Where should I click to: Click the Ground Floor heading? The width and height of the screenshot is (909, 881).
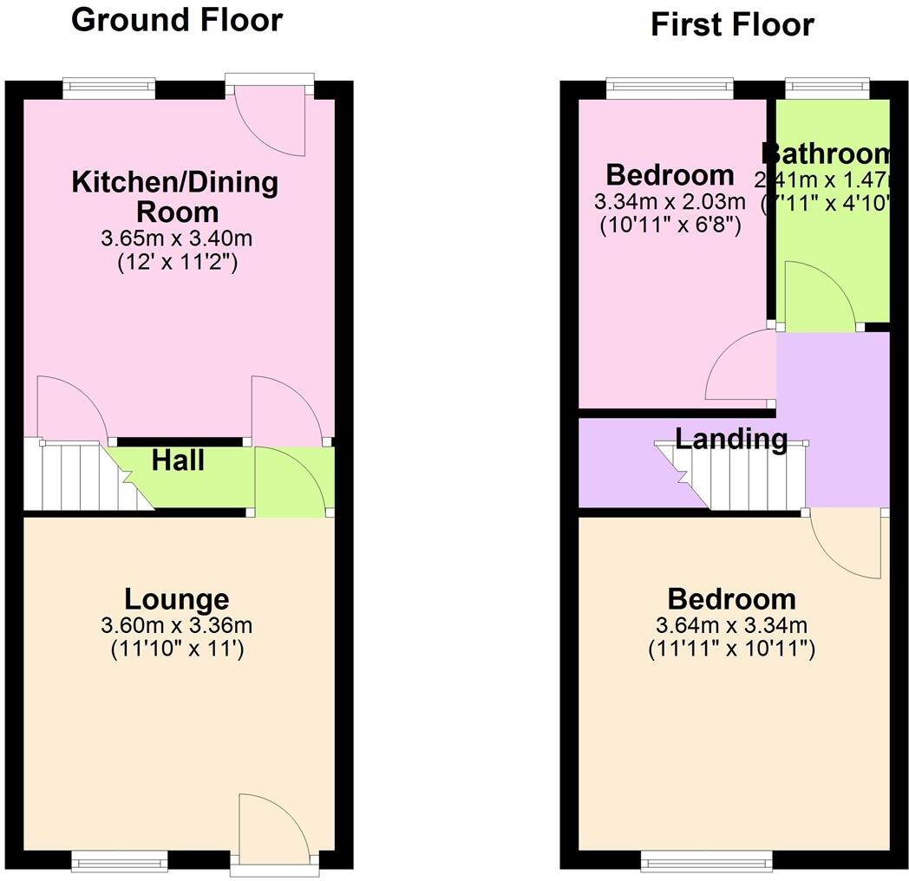click(177, 19)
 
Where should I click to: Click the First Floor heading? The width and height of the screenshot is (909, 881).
click(732, 24)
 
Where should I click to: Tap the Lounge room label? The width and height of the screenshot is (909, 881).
click(177, 598)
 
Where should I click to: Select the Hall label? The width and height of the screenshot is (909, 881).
click(178, 460)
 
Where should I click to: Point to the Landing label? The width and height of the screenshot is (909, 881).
click(731, 439)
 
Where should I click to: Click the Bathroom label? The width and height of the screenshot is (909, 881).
click(827, 153)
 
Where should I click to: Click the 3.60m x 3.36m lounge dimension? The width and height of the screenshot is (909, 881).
click(177, 625)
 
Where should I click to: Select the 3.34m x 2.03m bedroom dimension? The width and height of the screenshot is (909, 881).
click(670, 202)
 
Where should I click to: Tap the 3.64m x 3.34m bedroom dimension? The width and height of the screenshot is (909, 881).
click(731, 625)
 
